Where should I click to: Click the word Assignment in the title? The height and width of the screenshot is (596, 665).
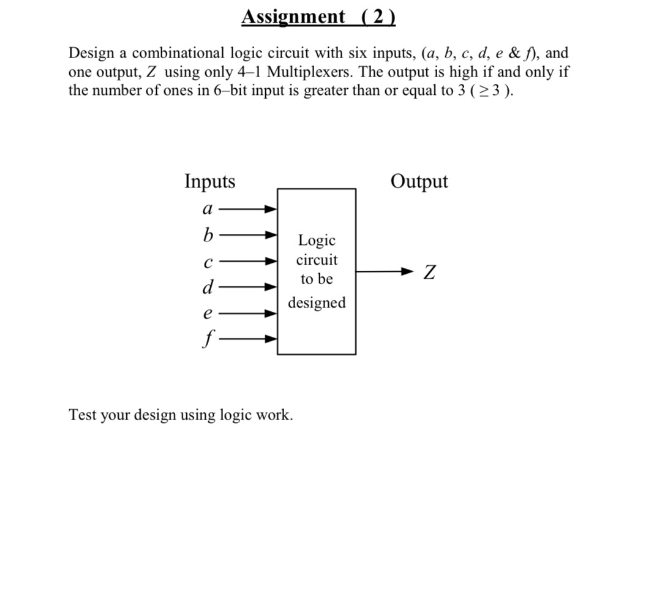click(x=293, y=17)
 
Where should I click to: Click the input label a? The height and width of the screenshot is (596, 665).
click(x=208, y=209)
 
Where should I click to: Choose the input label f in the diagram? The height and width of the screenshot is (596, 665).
click(x=208, y=339)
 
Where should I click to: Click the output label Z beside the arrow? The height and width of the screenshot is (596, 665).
click(x=430, y=272)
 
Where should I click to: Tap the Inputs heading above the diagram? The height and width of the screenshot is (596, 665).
click(x=209, y=181)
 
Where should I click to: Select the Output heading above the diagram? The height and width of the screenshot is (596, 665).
click(x=419, y=181)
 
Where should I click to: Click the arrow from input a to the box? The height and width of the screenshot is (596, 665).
click(x=247, y=209)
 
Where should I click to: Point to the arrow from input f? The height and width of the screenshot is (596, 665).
click(x=247, y=338)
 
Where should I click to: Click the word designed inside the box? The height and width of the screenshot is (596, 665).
click(x=317, y=303)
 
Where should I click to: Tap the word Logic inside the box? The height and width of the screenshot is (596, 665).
click(x=317, y=240)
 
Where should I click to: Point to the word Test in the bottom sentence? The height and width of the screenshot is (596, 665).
click(x=82, y=415)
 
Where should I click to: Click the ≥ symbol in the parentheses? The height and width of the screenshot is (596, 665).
click(x=486, y=92)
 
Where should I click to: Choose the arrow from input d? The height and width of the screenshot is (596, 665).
click(x=247, y=286)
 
